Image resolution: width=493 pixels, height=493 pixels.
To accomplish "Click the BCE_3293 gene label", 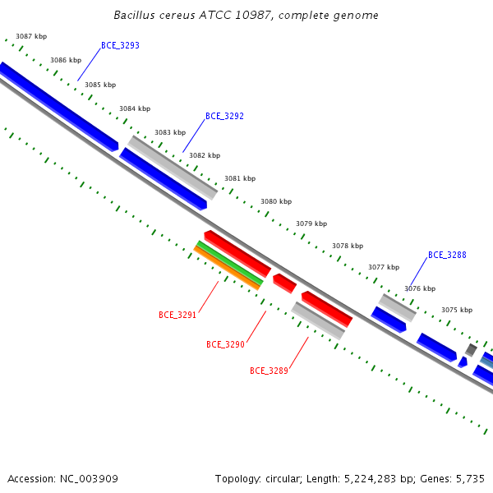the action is pos(120,45).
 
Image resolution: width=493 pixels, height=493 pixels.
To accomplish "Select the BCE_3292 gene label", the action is pos(224,117).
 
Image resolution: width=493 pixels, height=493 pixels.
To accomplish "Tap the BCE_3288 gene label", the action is pos(447,255).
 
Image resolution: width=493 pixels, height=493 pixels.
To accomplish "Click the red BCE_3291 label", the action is pos(177,315).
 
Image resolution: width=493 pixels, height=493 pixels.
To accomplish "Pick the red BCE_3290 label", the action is pos(225,344).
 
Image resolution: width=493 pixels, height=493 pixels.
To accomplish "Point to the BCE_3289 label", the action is pos(269,371).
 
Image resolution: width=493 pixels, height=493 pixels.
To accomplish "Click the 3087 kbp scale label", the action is pos(31,36).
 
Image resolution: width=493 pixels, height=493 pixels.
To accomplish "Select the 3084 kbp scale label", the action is pos(135,108).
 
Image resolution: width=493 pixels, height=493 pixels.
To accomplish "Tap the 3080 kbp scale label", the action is pos(276,201).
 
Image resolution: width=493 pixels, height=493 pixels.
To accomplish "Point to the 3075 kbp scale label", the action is pos(457,310).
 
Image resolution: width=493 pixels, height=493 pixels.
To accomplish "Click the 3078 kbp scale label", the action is pos(348,246).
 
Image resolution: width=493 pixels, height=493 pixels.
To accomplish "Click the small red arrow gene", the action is pos(284,283).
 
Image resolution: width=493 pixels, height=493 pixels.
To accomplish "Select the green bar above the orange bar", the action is pos(230,263).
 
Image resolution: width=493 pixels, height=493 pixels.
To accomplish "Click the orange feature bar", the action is pos(227,268).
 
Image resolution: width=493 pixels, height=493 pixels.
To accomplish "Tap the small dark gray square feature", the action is pos(471,350).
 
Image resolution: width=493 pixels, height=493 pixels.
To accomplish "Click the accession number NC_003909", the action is pos(89,479).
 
